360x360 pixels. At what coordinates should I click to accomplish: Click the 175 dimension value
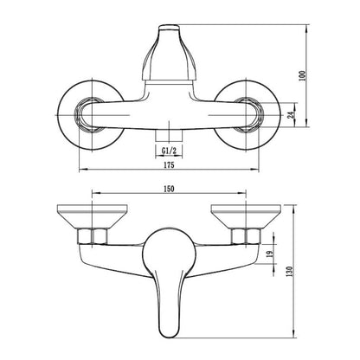(x=169, y=165)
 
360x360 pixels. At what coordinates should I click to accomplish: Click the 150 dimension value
(x=169, y=189)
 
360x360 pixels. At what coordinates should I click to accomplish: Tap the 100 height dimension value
(x=302, y=75)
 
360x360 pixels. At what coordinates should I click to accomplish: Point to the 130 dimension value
(x=290, y=272)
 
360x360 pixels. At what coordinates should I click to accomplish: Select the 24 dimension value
(x=292, y=115)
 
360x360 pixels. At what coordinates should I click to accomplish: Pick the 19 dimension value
(x=270, y=254)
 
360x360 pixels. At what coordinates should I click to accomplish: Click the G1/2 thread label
(x=169, y=151)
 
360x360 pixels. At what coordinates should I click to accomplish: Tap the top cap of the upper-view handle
(x=170, y=28)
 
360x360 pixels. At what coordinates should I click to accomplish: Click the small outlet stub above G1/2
(x=169, y=136)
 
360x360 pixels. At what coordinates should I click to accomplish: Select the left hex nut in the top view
(x=90, y=115)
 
